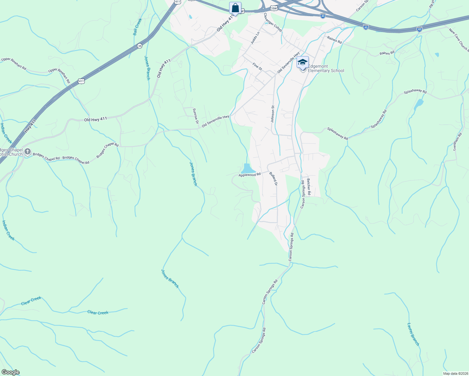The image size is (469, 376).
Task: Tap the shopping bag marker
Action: (235, 8)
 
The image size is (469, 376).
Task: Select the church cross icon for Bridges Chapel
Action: (28, 152)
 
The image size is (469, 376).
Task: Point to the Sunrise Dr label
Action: (196, 116)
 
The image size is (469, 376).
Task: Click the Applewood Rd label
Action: (250, 175)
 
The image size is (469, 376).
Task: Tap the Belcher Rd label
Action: (308, 187)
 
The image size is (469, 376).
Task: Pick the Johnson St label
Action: (273, 113)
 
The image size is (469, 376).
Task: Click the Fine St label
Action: (257, 66)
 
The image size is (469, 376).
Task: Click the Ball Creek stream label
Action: (137, 27)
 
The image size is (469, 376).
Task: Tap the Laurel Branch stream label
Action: (413, 334)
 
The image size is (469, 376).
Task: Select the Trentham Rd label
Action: (458, 142)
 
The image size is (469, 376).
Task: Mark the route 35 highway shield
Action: (140, 46)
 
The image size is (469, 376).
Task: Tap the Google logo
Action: (10, 372)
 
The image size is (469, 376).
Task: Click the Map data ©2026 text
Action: (455, 373)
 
